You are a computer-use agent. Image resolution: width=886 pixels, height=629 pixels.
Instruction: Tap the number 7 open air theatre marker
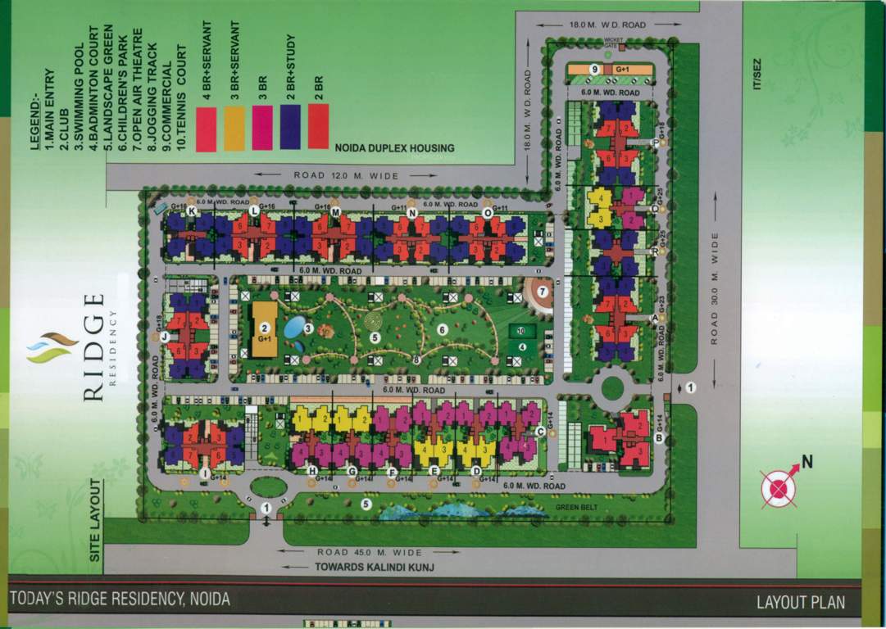coord(542,292)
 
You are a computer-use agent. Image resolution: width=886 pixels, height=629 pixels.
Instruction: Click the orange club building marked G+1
coord(264,329)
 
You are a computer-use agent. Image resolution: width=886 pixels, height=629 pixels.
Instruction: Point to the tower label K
coord(191,211)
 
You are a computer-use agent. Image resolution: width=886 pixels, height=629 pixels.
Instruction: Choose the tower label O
coord(488,212)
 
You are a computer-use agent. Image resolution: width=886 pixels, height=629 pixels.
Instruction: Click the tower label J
coord(165,336)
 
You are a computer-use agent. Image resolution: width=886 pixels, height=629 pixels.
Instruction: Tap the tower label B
coord(658,438)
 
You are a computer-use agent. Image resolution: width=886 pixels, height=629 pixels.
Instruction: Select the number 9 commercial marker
coord(593,70)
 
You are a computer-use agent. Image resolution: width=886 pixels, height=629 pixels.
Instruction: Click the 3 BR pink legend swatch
coord(262,129)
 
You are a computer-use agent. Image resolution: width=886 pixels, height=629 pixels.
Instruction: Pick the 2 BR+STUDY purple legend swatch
coord(290,129)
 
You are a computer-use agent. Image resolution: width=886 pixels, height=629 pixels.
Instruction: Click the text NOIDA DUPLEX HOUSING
coord(393,148)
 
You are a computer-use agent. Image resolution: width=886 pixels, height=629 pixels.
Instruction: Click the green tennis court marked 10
coord(520,332)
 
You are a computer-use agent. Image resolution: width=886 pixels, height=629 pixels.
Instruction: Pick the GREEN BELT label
coord(572,506)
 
